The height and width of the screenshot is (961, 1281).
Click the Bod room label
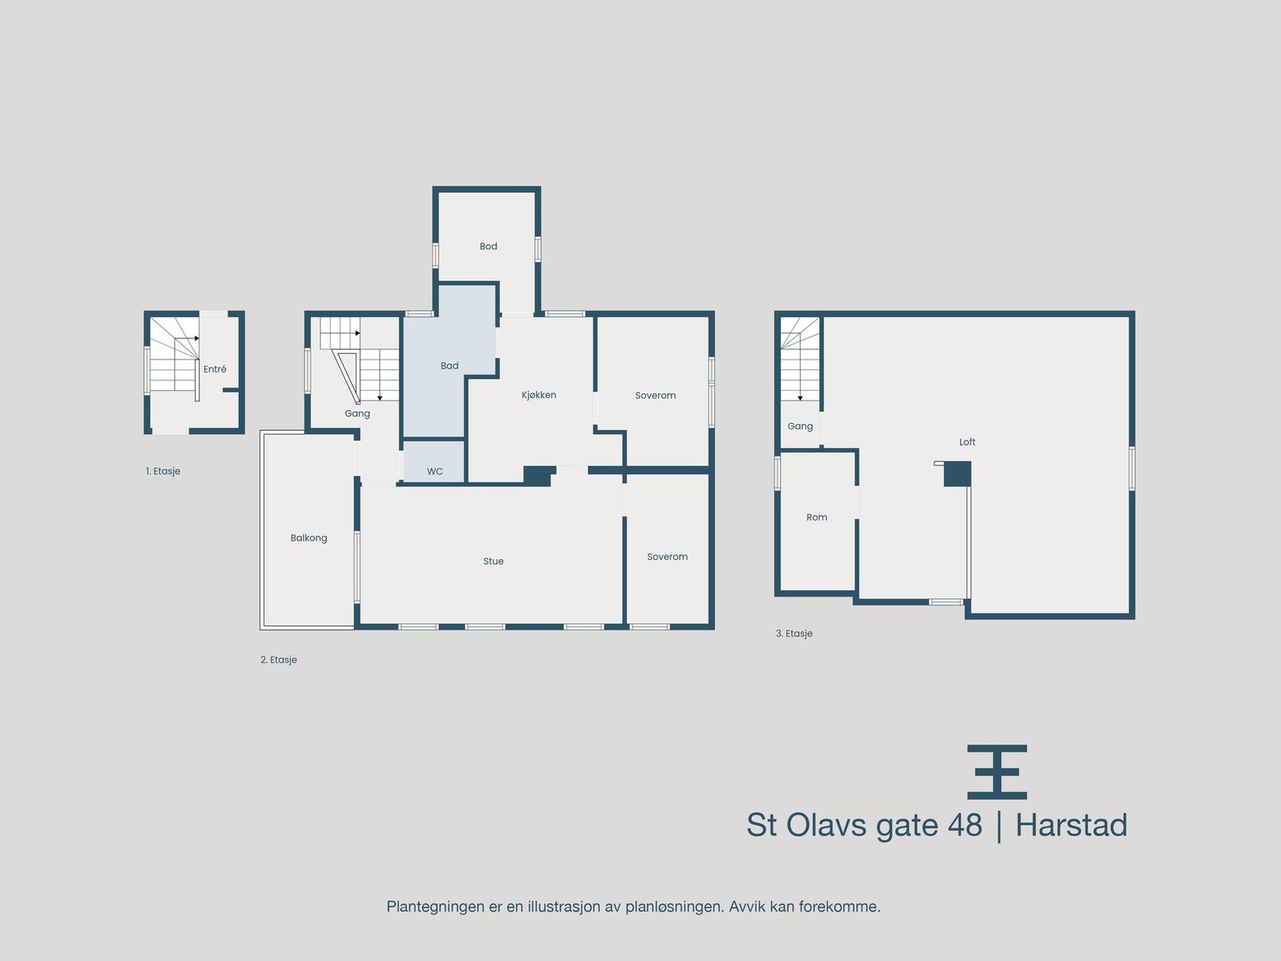pyautogui.click(x=488, y=247)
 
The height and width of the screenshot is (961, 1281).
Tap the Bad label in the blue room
pyautogui.click(x=449, y=366)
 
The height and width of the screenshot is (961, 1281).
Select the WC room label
pyautogui.click(x=435, y=472)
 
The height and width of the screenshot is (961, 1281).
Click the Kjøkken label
pyautogui.click(x=539, y=395)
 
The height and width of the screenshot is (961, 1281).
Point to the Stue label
pyautogui.click(x=493, y=561)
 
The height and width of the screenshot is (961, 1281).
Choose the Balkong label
pyautogui.click(x=309, y=538)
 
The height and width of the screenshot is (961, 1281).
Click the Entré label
pyautogui.click(x=215, y=369)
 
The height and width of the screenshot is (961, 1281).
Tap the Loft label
pyautogui.click(x=967, y=442)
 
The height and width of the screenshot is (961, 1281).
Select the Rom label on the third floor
pyautogui.click(x=817, y=517)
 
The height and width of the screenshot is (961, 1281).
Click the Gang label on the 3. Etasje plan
pyautogui.click(x=800, y=426)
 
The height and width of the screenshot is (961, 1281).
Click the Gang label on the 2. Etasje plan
pyautogui.click(x=357, y=414)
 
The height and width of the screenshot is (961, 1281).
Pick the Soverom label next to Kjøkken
pyautogui.click(x=655, y=396)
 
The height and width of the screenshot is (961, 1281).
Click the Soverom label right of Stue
pyautogui.click(x=667, y=557)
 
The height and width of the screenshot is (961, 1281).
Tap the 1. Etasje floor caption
pyautogui.click(x=163, y=472)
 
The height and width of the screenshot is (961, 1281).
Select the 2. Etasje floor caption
pyautogui.click(x=279, y=660)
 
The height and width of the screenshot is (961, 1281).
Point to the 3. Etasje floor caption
pyautogui.click(x=794, y=633)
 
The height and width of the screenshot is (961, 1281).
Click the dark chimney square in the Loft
pyautogui.click(x=958, y=473)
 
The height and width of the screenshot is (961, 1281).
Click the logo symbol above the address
pyautogui.click(x=997, y=772)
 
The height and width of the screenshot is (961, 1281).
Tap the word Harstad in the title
pyautogui.click(x=1071, y=826)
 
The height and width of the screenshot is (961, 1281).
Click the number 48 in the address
pyautogui.click(x=965, y=826)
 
